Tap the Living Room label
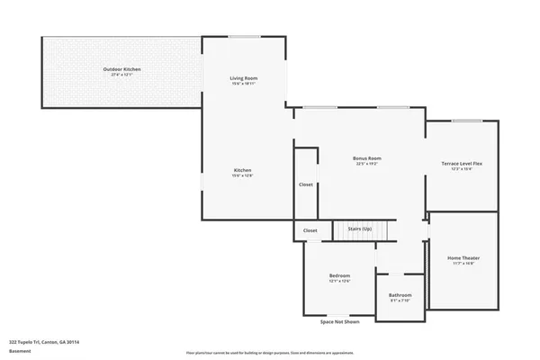pos(245,78)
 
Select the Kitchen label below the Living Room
pos(243,170)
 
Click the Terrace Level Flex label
pos(462,163)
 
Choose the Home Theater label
pos(463,258)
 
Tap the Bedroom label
pos(339,275)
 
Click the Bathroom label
pos(400,295)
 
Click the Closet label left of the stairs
pos(310,230)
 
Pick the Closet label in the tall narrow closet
pos(306,184)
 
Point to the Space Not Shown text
pos(339,321)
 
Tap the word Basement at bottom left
pos(19,351)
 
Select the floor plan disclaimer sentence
pos(270,352)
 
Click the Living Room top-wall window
pos(244,37)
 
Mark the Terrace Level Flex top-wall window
pos(465,121)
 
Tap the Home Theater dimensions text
pos(463,265)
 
